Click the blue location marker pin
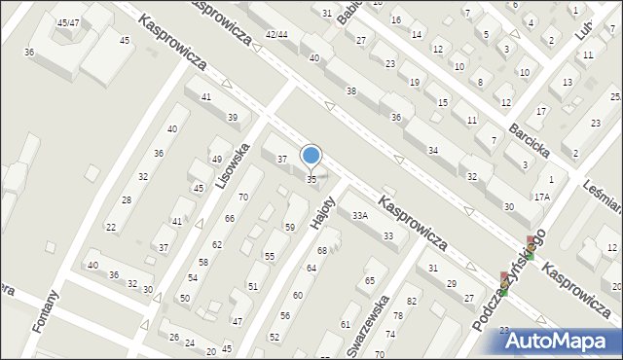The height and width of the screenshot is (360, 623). [311, 156]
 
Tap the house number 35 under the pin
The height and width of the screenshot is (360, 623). [311, 179]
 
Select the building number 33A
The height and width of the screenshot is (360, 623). [360, 215]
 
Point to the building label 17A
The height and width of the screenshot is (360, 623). [541, 197]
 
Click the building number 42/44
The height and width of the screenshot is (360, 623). [276, 34]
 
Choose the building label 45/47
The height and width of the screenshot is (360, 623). [68, 22]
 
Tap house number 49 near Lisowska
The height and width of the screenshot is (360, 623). [216, 160]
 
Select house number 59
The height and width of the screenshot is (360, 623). [290, 227]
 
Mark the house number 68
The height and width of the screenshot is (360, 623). [321, 251]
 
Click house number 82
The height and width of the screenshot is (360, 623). [412, 302]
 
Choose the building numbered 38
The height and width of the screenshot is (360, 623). [350, 90]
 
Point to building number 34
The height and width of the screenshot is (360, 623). [433, 150]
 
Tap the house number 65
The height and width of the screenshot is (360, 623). [370, 280]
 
